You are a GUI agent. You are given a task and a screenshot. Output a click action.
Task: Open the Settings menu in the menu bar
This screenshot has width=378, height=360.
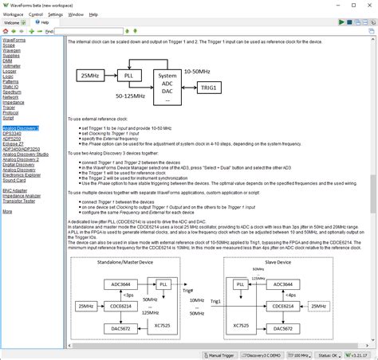[55, 14]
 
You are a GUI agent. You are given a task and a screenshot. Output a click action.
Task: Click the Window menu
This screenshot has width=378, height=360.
[76, 14]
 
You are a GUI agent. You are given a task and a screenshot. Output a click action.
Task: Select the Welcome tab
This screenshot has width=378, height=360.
[11, 22]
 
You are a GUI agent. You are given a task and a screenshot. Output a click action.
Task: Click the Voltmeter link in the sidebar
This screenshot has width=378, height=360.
[14, 66]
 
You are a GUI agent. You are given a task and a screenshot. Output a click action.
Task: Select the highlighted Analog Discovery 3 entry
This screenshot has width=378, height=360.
[21, 127]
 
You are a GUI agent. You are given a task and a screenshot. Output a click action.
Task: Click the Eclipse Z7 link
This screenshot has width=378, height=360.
[14, 143]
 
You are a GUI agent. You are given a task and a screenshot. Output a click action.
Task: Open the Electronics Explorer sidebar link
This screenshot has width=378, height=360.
[21, 174]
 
